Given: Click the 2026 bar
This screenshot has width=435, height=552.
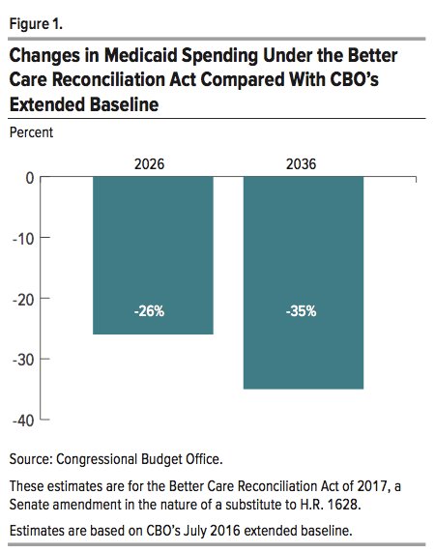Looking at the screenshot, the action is click(x=153, y=255).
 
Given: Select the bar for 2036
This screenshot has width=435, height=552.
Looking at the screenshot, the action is click(x=304, y=282).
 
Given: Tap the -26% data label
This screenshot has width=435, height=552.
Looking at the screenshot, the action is click(x=149, y=311).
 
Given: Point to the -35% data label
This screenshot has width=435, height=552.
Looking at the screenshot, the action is click(x=301, y=311).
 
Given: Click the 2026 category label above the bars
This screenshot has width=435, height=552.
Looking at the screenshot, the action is click(x=149, y=164).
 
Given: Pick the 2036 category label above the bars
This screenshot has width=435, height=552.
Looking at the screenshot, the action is click(x=301, y=164).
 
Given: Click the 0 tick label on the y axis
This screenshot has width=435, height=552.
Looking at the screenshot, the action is click(x=30, y=179).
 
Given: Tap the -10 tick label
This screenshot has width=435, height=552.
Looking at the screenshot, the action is click(x=23, y=240).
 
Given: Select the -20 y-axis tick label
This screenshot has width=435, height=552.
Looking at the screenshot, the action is click(x=23, y=301).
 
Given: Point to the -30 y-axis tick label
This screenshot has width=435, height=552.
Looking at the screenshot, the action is click(x=23, y=361).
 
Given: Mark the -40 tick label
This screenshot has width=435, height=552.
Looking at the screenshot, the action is click(x=23, y=421).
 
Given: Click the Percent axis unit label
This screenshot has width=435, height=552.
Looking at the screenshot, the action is click(x=31, y=132).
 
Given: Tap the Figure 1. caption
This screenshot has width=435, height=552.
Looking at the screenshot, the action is click(x=36, y=24).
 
